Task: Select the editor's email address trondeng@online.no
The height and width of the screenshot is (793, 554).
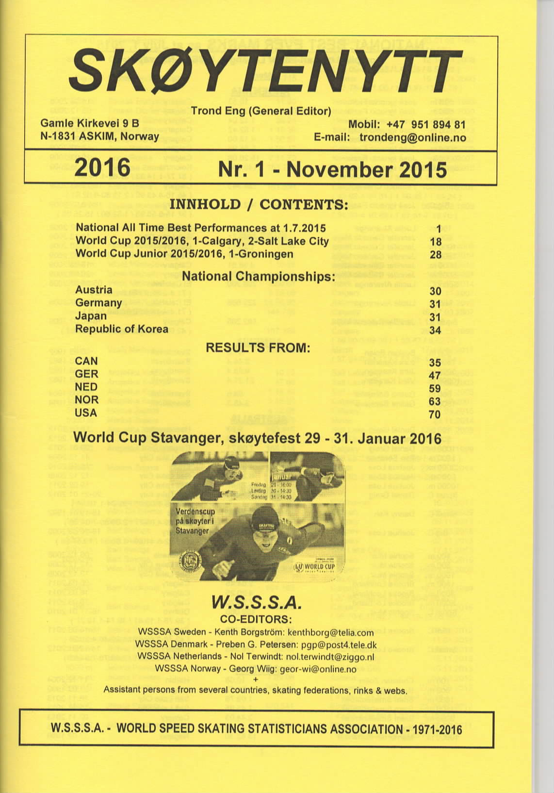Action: click(x=412, y=138)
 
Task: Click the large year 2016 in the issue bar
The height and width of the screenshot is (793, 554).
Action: click(x=102, y=168)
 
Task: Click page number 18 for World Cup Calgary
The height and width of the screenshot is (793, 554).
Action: click(x=435, y=241)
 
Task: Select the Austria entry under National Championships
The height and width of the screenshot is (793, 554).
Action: click(x=94, y=290)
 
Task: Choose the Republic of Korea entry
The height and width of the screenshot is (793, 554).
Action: click(x=122, y=329)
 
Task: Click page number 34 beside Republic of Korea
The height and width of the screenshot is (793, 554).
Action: click(x=435, y=330)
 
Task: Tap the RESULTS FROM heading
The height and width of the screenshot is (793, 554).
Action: click(x=258, y=348)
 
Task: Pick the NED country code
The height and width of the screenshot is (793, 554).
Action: click(x=86, y=387)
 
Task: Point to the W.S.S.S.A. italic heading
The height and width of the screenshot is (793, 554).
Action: click(x=258, y=604)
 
